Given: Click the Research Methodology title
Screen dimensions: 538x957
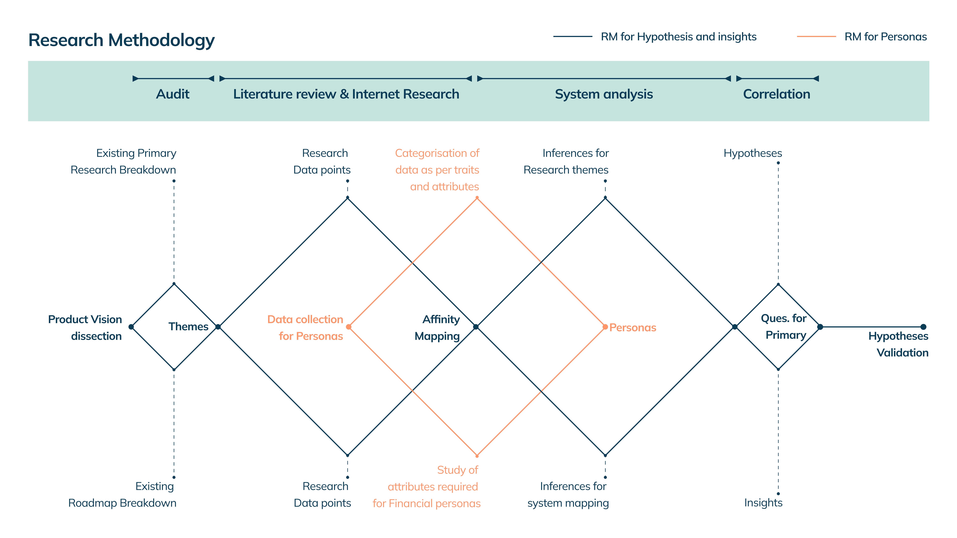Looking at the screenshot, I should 121,40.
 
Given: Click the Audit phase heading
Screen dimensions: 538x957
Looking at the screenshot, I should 173,94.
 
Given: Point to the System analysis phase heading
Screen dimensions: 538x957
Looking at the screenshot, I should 604,94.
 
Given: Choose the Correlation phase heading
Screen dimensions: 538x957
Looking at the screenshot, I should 776,94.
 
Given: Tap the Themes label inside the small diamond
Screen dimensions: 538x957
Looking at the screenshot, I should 188,327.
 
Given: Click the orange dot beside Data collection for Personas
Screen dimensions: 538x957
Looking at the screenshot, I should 349,327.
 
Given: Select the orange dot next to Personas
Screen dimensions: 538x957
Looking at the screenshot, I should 605,327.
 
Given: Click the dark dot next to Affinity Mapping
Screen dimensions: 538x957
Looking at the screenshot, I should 476,327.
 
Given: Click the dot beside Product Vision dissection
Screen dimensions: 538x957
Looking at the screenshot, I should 131,327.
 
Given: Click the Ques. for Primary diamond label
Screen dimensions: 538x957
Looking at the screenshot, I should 784,327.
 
